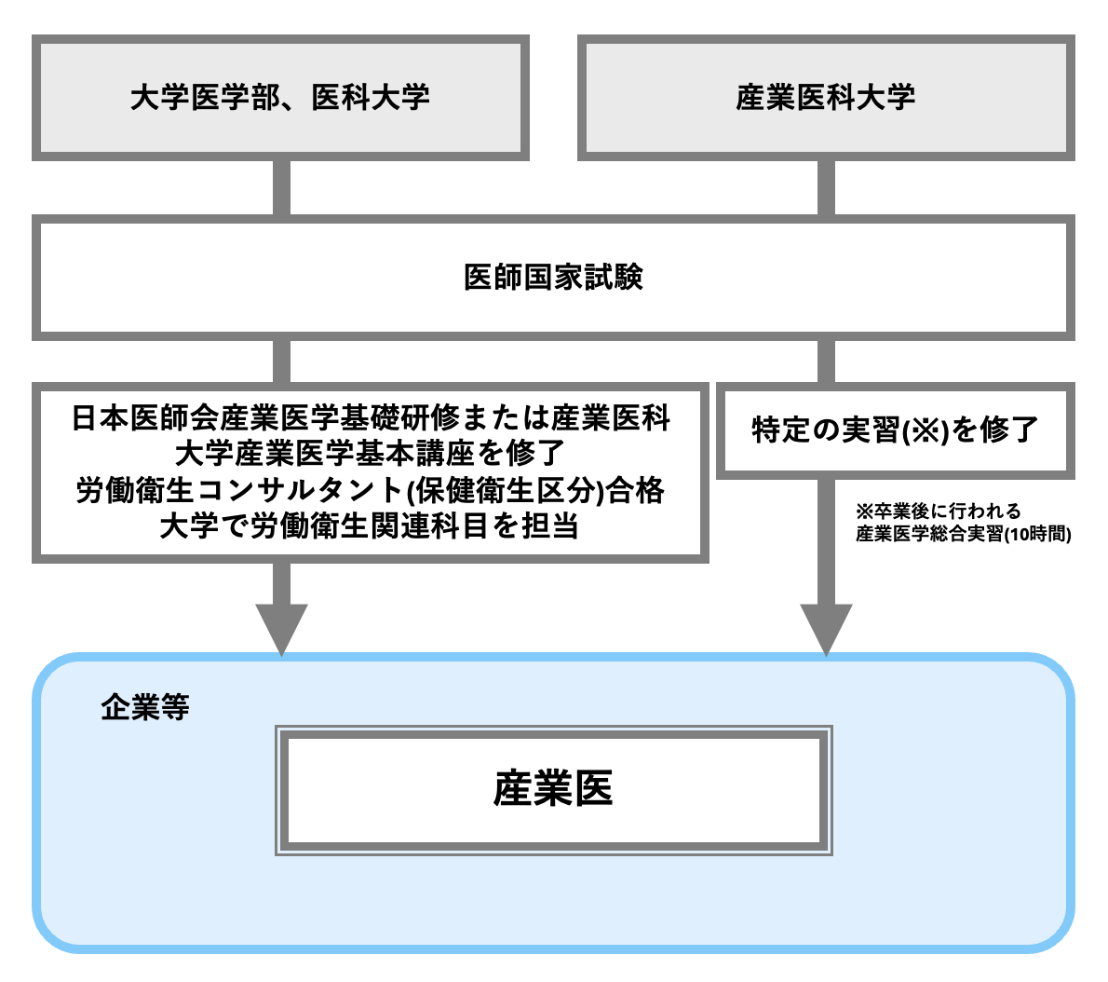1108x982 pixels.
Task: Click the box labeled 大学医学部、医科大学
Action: (x=280, y=98)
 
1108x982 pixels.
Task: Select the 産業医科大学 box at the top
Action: (x=825, y=98)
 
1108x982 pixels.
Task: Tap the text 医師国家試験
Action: (x=553, y=278)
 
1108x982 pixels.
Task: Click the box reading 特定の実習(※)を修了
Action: (x=894, y=430)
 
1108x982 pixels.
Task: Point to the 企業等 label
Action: (x=144, y=707)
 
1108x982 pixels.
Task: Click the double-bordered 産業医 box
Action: (x=553, y=790)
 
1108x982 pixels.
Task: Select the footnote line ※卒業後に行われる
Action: (x=939, y=511)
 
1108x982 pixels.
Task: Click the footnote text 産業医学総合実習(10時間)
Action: (x=963, y=534)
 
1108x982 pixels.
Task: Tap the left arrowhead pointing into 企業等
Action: (x=281, y=629)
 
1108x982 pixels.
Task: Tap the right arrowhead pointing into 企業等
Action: (x=826, y=629)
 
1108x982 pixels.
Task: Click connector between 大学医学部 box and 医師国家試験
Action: (x=281, y=187)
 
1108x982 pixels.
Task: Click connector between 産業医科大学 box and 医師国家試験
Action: (x=826, y=187)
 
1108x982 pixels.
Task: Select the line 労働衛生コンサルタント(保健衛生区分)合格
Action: (x=370, y=490)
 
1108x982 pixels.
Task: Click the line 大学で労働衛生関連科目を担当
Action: (x=370, y=526)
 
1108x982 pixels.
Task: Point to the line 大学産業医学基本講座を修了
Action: (x=370, y=454)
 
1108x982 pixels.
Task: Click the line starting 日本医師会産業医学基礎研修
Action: (x=370, y=418)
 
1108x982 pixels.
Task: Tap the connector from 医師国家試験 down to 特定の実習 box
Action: (x=826, y=361)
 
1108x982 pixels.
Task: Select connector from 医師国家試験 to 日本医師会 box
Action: (x=281, y=361)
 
